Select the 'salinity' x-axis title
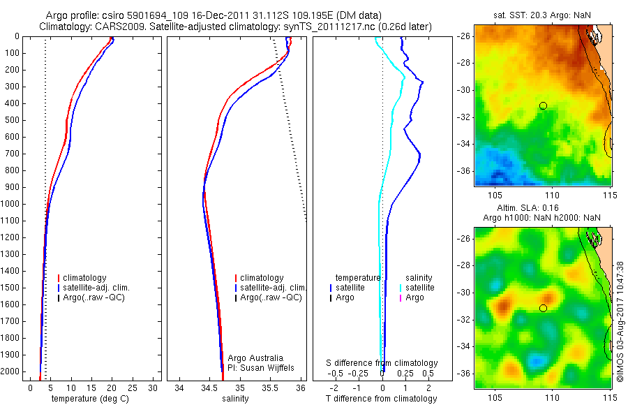[236, 399]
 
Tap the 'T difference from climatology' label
[382, 399]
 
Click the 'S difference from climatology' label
[382, 363]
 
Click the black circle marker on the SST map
[543, 105]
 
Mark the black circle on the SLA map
[543, 308]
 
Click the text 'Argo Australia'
[255, 358]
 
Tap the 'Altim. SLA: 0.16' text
[542, 208]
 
